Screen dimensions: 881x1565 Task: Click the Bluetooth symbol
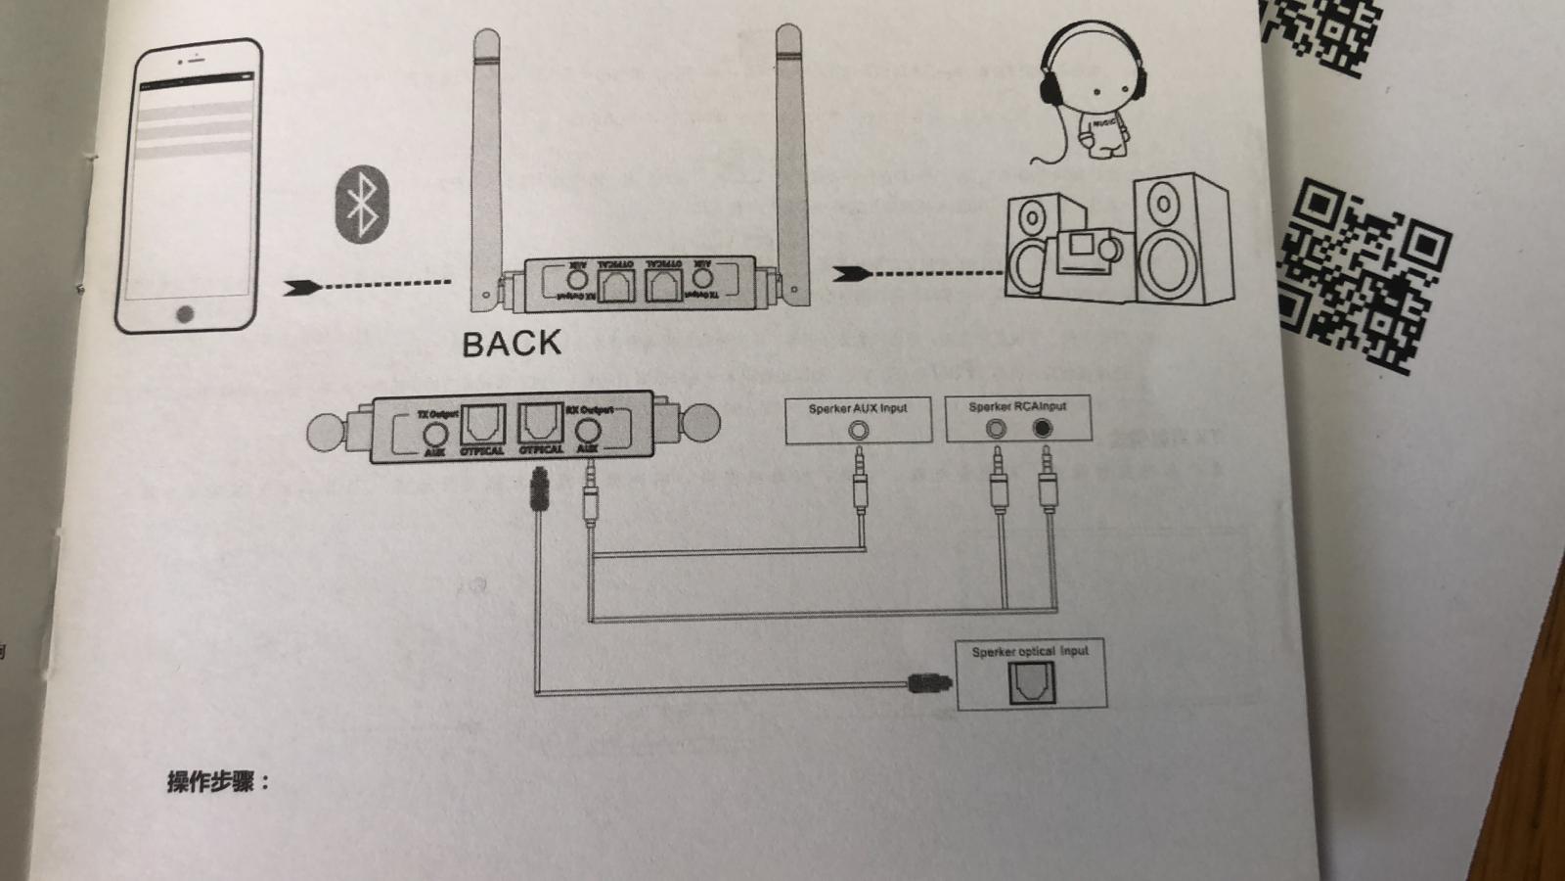(363, 205)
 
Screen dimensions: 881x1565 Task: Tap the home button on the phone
(185, 314)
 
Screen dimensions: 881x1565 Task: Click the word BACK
(512, 344)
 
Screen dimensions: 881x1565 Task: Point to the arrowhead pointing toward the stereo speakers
(851, 274)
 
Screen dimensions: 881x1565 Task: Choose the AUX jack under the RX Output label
(588, 431)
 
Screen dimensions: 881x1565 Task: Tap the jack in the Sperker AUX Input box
(858, 430)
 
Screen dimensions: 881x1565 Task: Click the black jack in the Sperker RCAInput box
(1043, 428)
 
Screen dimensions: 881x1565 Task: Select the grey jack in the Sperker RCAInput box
(996, 428)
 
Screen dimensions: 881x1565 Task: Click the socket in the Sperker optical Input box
(1030, 682)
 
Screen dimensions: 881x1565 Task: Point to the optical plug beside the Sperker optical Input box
(929, 682)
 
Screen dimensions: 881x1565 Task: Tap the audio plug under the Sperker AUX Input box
(860, 480)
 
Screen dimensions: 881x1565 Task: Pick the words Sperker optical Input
(1029, 651)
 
